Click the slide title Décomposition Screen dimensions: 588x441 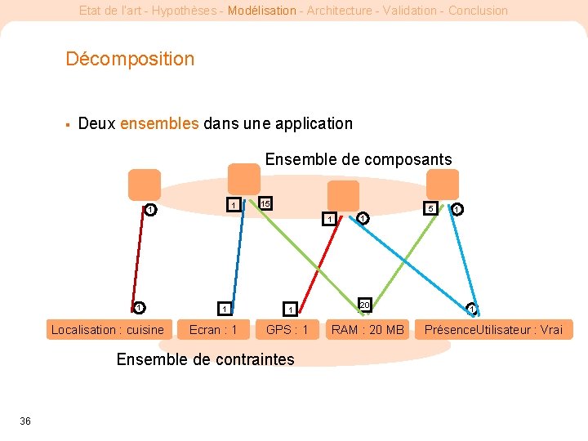coord(130,59)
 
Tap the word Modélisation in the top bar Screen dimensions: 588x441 coord(262,11)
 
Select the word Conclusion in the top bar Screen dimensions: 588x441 coord(478,11)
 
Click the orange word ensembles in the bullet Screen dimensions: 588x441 coord(159,124)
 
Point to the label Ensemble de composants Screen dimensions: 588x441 coord(359,159)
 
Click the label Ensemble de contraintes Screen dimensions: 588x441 coord(205,359)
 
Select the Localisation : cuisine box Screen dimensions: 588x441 coord(107,330)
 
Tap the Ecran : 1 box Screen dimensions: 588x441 coord(213,330)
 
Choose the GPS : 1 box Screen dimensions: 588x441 coord(287,330)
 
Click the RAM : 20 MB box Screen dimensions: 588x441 coord(367,330)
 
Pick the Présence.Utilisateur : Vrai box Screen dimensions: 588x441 coord(493,330)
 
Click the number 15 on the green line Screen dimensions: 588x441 coord(265,203)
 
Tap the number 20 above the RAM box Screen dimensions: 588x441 coord(365,305)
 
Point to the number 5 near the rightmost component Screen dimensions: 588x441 coord(430,208)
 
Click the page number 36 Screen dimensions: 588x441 coord(25,421)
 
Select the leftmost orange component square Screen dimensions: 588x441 coord(145,184)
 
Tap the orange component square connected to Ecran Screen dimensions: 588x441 coord(243,179)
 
